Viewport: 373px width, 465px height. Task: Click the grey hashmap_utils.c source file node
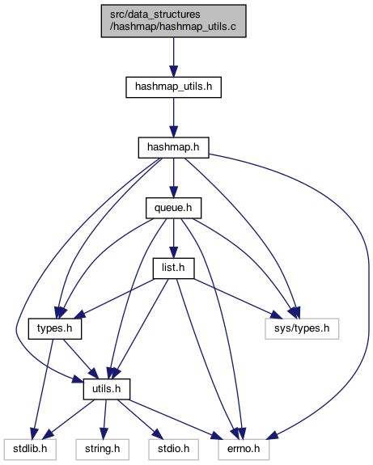click(174, 21)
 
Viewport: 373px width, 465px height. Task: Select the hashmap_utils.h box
click(174, 87)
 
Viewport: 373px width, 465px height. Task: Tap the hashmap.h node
click(174, 147)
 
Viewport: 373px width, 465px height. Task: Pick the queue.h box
click(174, 208)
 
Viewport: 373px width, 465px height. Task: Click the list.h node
click(174, 268)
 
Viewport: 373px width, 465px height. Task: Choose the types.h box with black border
click(55, 328)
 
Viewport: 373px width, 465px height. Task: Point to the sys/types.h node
click(302, 328)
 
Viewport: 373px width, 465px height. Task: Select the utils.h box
click(107, 389)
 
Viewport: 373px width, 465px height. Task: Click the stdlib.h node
click(30, 450)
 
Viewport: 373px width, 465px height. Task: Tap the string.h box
click(103, 450)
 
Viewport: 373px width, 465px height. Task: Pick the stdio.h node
click(174, 450)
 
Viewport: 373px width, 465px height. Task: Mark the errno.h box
click(244, 450)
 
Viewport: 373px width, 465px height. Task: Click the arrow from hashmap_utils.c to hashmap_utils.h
click(174, 57)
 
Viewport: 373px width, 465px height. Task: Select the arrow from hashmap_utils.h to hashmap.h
click(174, 117)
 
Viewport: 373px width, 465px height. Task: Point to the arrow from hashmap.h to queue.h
click(174, 178)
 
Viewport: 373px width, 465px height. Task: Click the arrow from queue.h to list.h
click(174, 239)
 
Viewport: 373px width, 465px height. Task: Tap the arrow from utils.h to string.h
click(104, 420)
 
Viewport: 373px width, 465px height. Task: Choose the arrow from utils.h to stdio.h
click(140, 419)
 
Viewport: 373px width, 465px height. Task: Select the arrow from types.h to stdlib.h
click(44, 389)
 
